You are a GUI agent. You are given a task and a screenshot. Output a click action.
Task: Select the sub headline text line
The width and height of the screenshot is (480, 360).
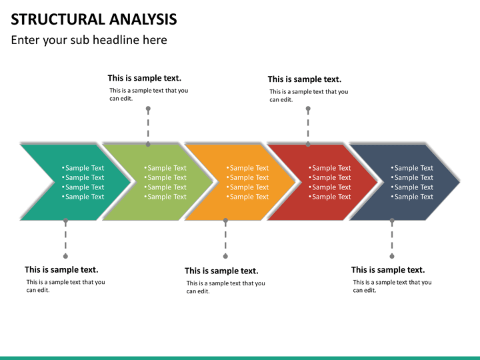(x=89, y=40)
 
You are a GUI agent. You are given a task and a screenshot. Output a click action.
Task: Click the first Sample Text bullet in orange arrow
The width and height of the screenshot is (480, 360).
(x=249, y=168)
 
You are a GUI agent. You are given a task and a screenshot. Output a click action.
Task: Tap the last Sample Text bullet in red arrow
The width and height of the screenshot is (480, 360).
(x=331, y=197)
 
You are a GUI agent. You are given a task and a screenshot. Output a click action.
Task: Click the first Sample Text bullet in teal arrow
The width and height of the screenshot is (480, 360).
(x=84, y=168)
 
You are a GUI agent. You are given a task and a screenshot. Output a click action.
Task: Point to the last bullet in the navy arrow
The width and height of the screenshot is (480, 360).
(x=413, y=197)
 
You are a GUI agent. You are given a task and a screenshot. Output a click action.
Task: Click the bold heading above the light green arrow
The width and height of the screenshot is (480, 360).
(x=144, y=78)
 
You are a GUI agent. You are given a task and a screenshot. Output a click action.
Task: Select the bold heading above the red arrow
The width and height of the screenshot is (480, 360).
(x=304, y=79)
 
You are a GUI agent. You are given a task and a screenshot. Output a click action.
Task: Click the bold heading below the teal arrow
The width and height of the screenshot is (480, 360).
(x=61, y=269)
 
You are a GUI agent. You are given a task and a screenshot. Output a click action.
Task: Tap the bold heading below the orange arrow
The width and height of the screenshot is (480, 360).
(x=221, y=271)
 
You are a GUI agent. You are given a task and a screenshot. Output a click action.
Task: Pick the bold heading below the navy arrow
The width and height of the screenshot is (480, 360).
(x=388, y=269)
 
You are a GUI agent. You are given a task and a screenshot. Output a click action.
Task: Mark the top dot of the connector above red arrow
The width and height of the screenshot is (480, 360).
(x=308, y=109)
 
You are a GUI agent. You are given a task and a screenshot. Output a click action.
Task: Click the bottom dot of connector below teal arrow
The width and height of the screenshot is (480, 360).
(x=65, y=255)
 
